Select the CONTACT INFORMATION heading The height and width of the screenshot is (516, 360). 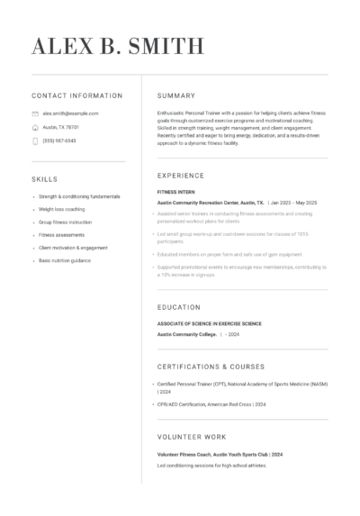click(76, 95)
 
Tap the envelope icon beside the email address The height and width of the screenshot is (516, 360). click(35, 113)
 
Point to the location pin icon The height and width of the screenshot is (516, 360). click(35, 127)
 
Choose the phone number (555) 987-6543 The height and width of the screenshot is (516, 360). click(59, 140)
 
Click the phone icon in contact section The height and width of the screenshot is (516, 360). click(35, 140)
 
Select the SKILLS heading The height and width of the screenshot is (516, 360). click(44, 179)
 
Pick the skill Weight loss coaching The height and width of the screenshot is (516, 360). click(62, 208)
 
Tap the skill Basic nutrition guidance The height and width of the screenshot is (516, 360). click(65, 259)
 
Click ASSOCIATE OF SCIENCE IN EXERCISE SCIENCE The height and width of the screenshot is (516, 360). click(209, 323)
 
